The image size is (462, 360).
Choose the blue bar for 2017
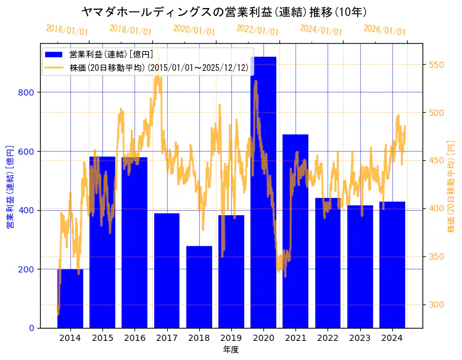coord(167,271)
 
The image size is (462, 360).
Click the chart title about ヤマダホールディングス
coord(225,12)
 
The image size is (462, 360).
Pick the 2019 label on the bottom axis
coord(231,338)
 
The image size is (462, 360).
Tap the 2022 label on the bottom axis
coord(328,338)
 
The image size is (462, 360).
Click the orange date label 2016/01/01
coord(67,30)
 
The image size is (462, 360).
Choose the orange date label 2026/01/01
coord(384,30)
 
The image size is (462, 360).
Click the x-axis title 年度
coord(231,350)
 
